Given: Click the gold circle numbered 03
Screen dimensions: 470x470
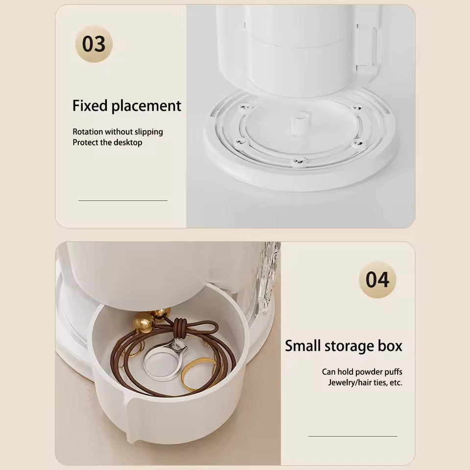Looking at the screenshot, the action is (94, 44).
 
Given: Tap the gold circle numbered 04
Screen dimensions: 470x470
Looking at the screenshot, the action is (377, 280).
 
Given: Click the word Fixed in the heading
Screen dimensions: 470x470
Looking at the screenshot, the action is (90, 106).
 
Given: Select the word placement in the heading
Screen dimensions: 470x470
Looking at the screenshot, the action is (146, 106).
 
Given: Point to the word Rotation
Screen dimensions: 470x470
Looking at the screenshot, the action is (88, 132).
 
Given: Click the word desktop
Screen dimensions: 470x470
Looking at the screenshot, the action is (128, 142).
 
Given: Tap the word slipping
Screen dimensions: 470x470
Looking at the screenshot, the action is (149, 132).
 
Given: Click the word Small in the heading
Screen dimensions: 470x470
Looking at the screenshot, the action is (303, 346).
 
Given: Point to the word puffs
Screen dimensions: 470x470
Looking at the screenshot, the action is (393, 372).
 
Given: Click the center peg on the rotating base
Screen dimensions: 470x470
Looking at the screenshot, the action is (299, 123).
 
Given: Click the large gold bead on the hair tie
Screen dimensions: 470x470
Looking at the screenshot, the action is (143, 322).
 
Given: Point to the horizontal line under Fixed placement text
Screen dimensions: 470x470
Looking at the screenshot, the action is (123, 201).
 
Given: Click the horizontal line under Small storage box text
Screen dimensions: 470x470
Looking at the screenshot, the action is (353, 436).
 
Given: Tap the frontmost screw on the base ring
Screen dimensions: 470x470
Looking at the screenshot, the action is (299, 161).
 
